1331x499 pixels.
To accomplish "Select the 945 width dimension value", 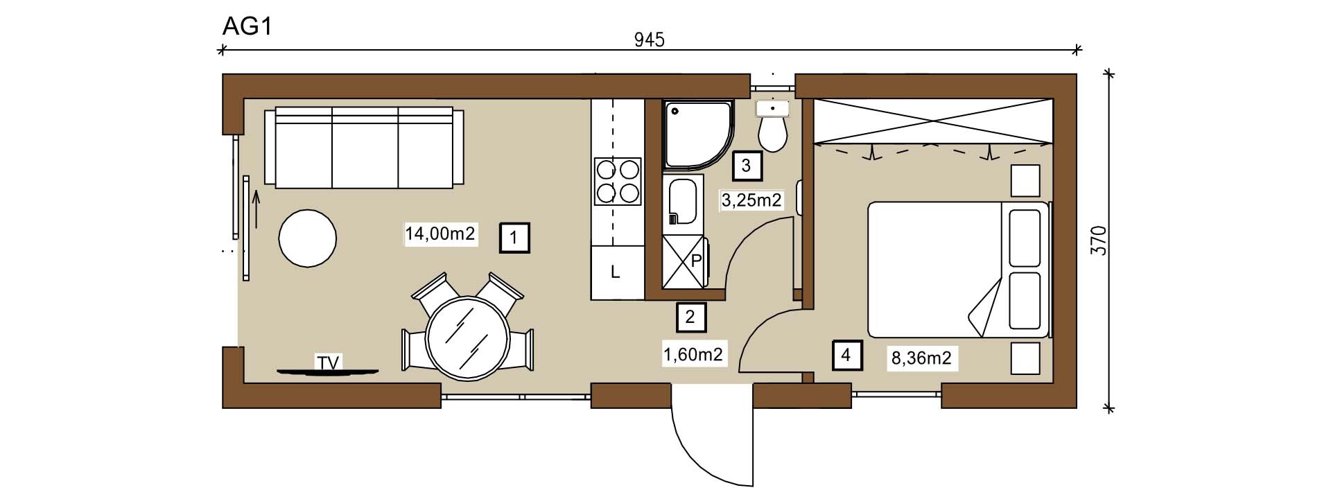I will [650, 40].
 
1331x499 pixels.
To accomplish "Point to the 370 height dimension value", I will [1099, 240].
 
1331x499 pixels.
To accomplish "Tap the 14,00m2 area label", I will [440, 234].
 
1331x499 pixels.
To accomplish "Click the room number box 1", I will [514, 238].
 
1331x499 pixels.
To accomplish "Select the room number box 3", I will [747, 166].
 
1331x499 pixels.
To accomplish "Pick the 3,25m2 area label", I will [751, 201].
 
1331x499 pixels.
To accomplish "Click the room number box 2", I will [690, 317].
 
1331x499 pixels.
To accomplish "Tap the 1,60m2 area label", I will [693, 355].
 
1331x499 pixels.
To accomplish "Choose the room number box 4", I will [846, 355].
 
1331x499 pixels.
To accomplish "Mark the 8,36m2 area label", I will [921, 358].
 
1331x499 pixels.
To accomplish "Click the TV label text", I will [329, 362].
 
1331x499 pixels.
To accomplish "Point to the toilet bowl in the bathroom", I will [772, 133].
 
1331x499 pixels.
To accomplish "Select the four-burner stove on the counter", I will [618, 182].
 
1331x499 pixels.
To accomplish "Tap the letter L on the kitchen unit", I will [614, 273].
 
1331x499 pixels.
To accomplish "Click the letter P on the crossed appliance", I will [697, 261].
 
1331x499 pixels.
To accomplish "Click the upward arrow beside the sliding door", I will [256, 210].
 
